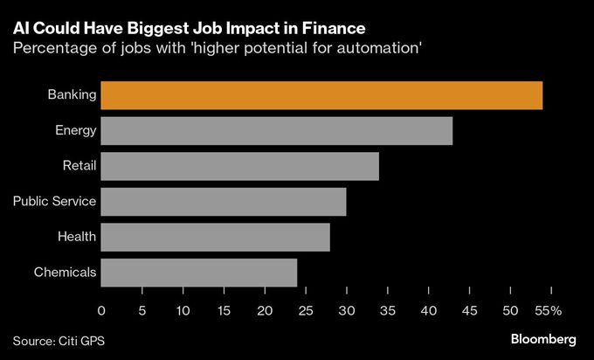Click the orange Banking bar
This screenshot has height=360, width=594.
321,95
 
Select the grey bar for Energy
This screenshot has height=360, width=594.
277,131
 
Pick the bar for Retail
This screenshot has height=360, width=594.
240,166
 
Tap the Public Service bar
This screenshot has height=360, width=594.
224,202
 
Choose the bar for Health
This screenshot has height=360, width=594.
216,237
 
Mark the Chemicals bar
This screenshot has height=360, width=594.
199,273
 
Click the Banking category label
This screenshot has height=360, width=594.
72,95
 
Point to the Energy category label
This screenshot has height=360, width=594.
75,131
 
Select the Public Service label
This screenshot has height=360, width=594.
54,202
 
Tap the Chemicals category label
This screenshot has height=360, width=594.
65,273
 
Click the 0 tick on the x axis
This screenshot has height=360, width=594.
101,310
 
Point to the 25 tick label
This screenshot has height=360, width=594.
306,310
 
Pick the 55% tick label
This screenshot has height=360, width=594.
548,310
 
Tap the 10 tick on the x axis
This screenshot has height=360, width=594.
183,310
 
